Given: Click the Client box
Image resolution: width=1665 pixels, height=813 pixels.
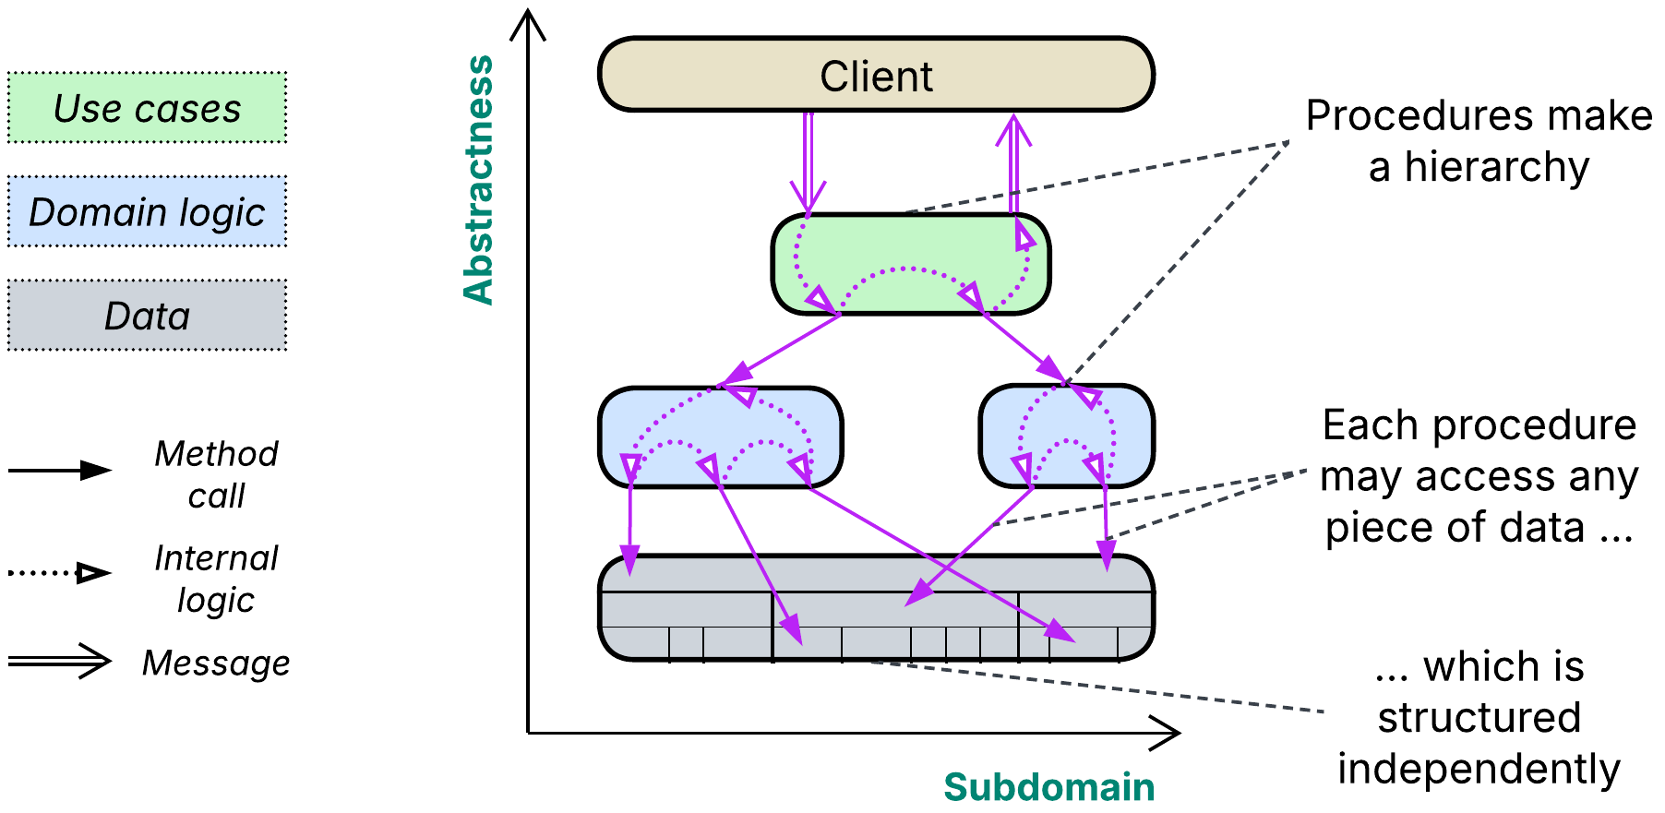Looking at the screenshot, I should [x=876, y=75].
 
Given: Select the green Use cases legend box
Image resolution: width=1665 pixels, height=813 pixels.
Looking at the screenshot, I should [x=148, y=108].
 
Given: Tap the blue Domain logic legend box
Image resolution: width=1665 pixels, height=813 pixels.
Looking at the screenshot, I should [x=148, y=211].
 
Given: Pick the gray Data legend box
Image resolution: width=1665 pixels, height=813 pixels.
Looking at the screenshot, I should [x=148, y=316].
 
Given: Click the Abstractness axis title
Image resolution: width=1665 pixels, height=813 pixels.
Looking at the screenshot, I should [x=479, y=180].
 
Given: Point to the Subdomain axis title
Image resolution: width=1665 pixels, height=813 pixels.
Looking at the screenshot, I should [x=1048, y=787].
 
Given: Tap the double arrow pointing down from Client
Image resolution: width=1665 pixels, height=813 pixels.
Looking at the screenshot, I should [x=808, y=161].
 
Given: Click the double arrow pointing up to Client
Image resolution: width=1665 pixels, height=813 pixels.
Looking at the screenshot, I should [x=1013, y=161].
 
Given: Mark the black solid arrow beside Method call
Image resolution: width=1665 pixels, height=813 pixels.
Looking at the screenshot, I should [x=60, y=471].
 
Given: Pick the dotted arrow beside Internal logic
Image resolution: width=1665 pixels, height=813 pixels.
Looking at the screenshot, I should [x=60, y=573].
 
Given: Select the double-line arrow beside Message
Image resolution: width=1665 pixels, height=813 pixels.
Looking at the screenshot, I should [x=60, y=661].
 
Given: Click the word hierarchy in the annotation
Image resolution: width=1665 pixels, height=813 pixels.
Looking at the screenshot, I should [x=1497, y=168].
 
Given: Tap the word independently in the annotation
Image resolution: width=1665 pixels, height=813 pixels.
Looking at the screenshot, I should [x=1479, y=769].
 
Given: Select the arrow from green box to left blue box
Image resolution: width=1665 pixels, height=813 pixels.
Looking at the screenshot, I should [x=780, y=350].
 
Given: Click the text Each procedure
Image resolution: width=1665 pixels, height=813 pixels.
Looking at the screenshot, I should [x=1479, y=425].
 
